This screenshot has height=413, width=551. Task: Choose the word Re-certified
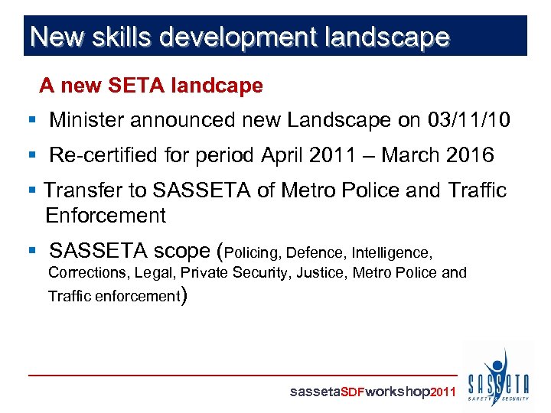click(x=102, y=155)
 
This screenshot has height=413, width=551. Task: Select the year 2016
click(x=468, y=155)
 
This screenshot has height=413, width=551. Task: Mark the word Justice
click(x=322, y=272)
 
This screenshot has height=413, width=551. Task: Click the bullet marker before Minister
click(x=31, y=121)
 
